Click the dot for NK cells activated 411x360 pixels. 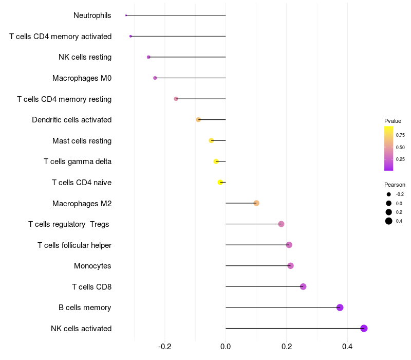(x=364, y=328)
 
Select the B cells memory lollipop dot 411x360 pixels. (x=340, y=308)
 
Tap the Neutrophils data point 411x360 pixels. (x=126, y=15)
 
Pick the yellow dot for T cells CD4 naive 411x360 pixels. (x=220, y=182)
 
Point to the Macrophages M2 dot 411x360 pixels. (x=256, y=203)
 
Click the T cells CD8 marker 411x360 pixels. (x=303, y=286)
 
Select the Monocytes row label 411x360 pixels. (x=92, y=266)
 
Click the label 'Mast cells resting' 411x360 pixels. (x=82, y=141)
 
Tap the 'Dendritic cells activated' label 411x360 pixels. (x=71, y=120)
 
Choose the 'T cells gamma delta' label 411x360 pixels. (x=78, y=161)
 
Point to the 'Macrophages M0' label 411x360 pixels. (x=82, y=78)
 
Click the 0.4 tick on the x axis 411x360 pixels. (x=347, y=346)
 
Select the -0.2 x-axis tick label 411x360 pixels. (x=164, y=346)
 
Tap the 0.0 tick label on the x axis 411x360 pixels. (x=226, y=346)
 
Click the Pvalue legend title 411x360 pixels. (x=393, y=121)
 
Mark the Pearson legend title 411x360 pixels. (x=395, y=185)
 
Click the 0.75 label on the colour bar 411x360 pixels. (x=400, y=135)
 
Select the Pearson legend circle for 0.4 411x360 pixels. (x=389, y=221)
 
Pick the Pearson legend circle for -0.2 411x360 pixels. (x=389, y=194)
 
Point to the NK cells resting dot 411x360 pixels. (x=148, y=57)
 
